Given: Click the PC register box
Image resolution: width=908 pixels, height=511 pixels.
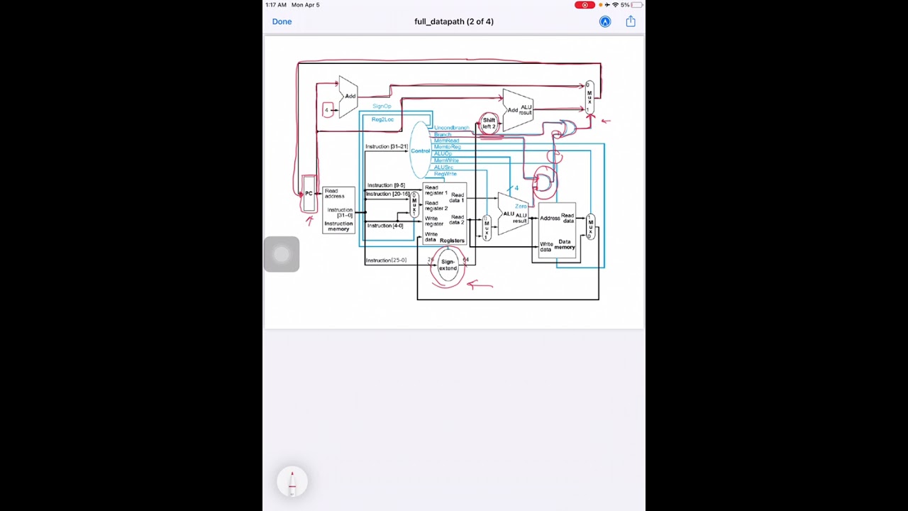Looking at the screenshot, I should pos(309,194).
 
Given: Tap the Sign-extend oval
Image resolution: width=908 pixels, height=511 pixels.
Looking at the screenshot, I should pos(448,265).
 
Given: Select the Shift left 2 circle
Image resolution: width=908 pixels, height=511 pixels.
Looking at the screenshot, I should pos(489,123).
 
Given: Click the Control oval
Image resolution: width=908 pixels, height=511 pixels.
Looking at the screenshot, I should pos(421,150).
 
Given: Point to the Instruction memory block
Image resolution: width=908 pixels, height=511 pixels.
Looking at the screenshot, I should pos(338,210).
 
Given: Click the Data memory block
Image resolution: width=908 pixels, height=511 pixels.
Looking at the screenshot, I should pos(558,231).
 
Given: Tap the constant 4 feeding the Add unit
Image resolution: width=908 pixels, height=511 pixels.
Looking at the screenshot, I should pos(327,109).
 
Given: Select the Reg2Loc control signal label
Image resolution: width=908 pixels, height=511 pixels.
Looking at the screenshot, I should pos(382,119).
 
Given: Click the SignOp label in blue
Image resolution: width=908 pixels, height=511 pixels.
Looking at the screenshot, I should pos(382,106).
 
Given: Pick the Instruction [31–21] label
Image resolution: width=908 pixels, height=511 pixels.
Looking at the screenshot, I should pos(387,146).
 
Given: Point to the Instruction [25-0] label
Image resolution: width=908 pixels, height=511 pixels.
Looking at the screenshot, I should pos(386,260).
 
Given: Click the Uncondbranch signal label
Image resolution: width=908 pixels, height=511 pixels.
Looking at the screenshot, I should pos(451,128).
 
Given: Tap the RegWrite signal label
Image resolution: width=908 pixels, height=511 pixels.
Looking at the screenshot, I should pos(445,174).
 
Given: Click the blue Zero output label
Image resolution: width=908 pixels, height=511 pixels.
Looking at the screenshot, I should pos(521,206).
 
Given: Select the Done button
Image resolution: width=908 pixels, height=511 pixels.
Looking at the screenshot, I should pos(282,21).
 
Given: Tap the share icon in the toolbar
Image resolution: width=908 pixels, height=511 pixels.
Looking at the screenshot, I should pos(630,21).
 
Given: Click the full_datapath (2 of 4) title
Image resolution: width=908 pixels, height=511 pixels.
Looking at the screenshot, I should pos(454,21).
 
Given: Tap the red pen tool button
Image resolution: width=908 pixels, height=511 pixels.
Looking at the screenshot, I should pos(292,482).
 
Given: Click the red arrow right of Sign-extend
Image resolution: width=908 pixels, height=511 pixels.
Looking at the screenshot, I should pos(480,285).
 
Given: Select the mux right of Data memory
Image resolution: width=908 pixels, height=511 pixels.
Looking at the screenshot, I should pos(590,226).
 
